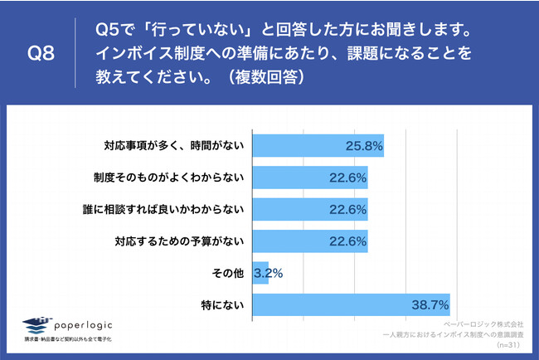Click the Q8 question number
tap(41, 54)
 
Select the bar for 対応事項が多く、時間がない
tap(318, 145)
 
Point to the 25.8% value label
tap(363, 146)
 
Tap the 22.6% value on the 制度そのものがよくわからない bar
tap(347, 178)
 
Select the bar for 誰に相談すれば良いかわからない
tap(309, 210)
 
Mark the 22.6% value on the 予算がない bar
tap(347, 242)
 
